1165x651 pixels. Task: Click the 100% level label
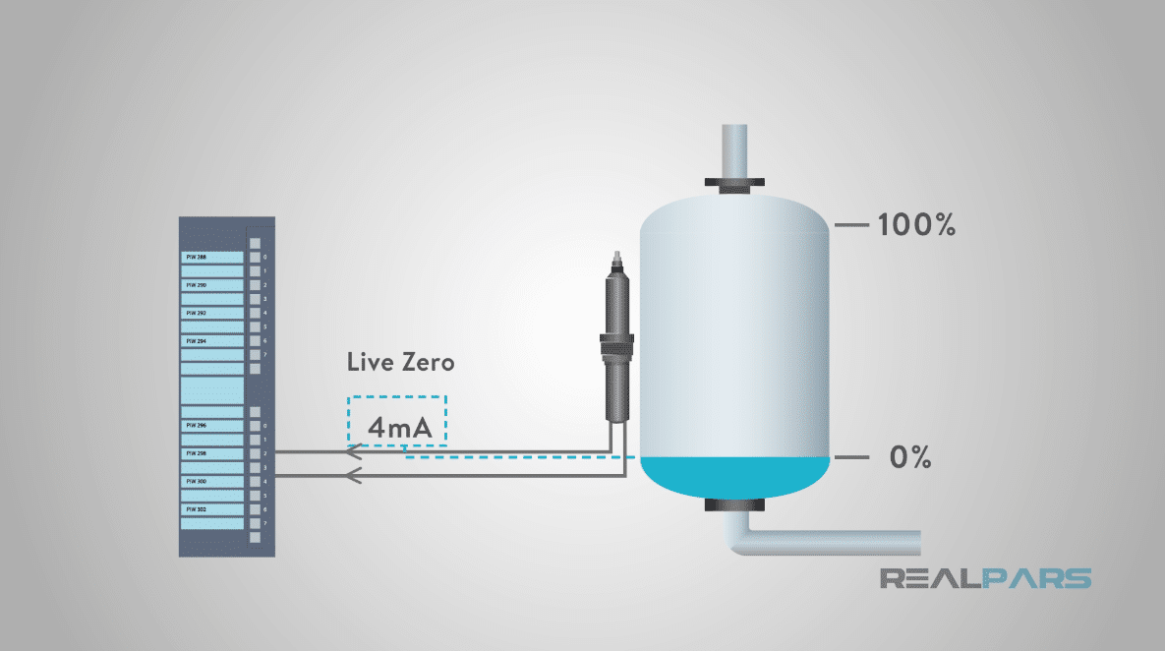click(916, 225)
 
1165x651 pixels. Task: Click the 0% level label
click(908, 458)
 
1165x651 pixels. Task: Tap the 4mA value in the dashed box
click(396, 428)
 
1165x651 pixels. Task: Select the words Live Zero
click(401, 362)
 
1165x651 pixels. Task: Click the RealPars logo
click(985, 577)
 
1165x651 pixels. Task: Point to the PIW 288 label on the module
click(197, 258)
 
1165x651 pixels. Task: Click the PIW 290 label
click(197, 285)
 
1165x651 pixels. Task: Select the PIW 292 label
click(197, 313)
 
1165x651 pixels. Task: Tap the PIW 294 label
click(197, 341)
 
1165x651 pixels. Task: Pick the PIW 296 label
click(197, 426)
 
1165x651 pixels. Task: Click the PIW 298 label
click(197, 453)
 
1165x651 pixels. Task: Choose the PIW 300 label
click(197, 482)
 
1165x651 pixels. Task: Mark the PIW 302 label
click(197, 509)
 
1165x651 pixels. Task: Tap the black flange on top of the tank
click(732, 183)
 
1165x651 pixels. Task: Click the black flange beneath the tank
click(732, 505)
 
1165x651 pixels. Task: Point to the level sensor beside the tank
click(616, 344)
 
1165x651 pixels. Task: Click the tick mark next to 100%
click(851, 225)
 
